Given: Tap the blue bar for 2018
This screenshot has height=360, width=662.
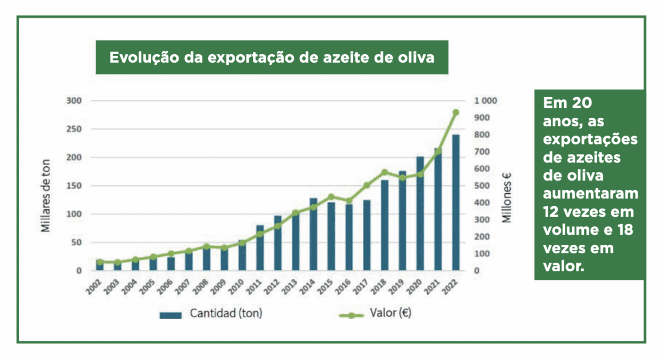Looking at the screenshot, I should coord(385,225).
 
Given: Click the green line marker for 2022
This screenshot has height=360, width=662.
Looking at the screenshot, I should coord(456,113).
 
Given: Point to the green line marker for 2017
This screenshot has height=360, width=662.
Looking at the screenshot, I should coord(367,185).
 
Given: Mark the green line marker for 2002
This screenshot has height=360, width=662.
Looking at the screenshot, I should coord(99,262).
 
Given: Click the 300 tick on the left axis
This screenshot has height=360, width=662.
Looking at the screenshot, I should coord(74,101).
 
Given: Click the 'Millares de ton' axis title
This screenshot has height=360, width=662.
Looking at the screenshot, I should coord(46,195).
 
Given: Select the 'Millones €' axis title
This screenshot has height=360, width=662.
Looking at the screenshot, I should coord(507,196).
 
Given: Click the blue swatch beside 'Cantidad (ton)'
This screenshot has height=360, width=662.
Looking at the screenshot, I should coord(171,315).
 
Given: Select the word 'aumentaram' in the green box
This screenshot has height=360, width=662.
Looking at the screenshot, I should coord(590,194).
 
